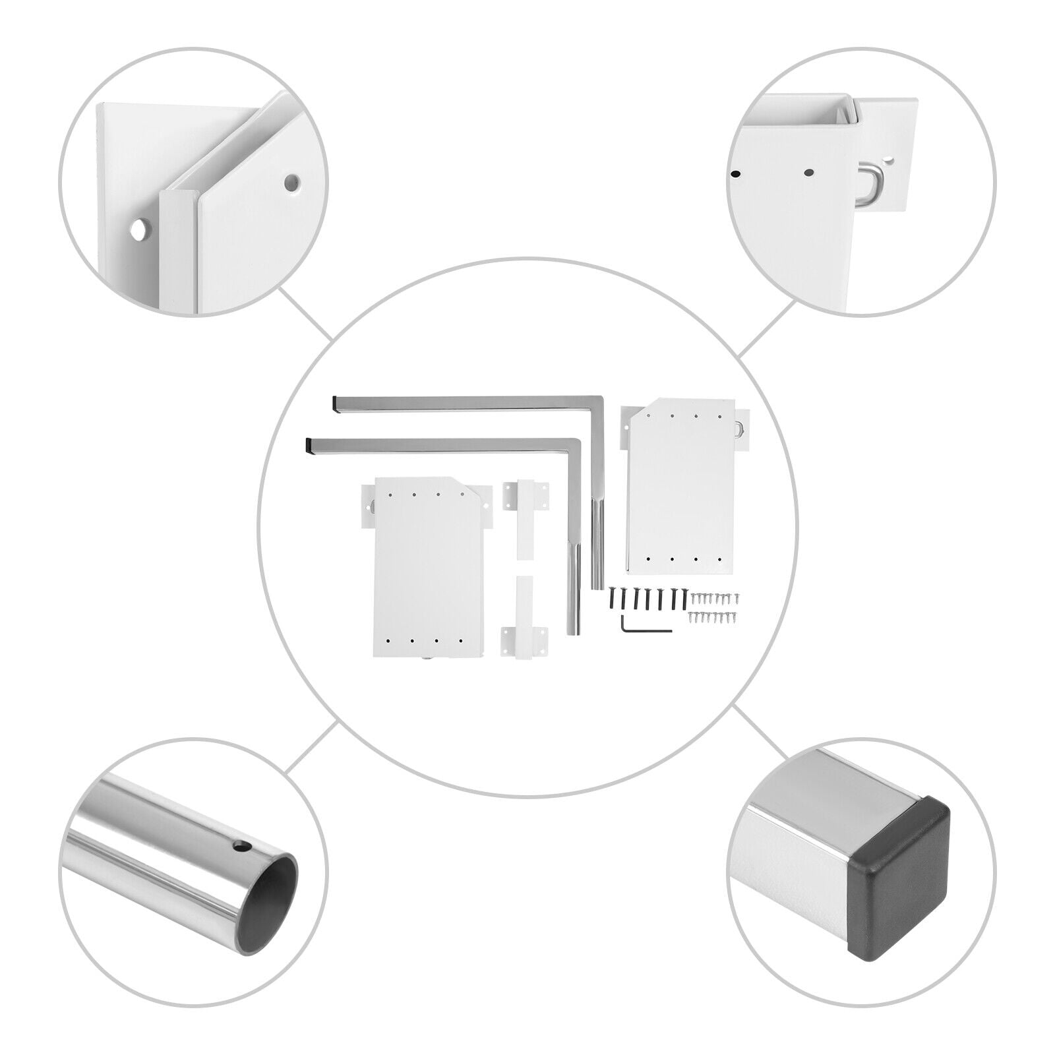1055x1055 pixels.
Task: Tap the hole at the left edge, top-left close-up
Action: click(140, 229)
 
